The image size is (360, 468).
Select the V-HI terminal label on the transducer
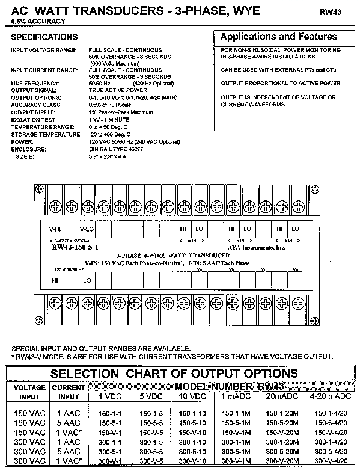point(55,229)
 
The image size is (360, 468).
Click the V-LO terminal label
point(87,229)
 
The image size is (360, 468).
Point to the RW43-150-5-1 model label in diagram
point(75,246)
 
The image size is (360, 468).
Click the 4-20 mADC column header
point(331,396)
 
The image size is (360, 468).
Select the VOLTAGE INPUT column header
point(29,392)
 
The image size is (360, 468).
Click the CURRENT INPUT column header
point(69,392)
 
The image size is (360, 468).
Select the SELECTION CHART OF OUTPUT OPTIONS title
point(174,373)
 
